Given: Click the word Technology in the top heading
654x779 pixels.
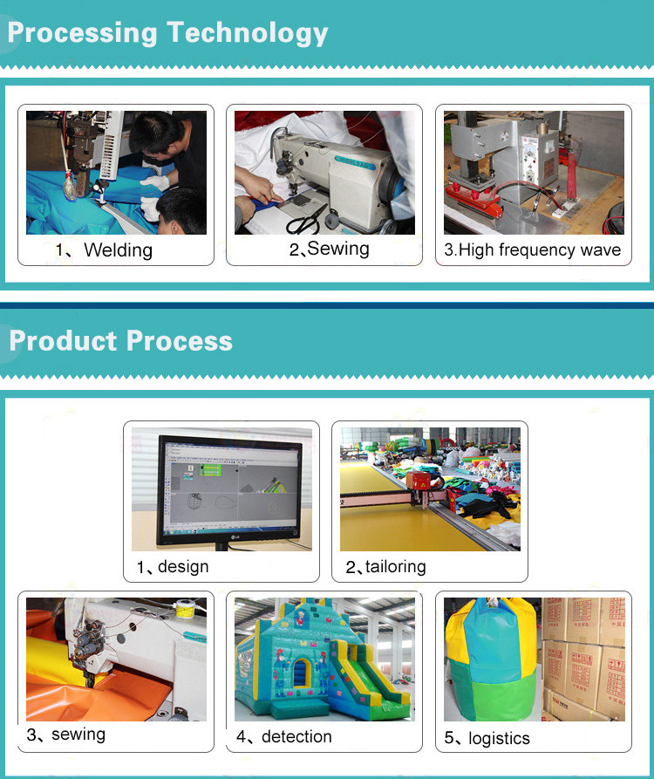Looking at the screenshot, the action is (248, 33).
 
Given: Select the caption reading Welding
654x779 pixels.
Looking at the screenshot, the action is (119, 249).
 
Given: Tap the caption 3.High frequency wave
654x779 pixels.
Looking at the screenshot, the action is (532, 249).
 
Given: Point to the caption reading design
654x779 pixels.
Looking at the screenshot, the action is (183, 566).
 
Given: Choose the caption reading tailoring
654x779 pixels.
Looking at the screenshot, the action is (396, 566).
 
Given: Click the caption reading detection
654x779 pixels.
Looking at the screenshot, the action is (296, 736).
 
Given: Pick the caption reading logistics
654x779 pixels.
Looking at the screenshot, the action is (499, 738).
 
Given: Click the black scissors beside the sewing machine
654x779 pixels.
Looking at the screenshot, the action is (305, 220).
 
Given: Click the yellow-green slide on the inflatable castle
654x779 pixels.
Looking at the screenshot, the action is (370, 677).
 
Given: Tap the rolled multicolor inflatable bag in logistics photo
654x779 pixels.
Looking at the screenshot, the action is (492, 659).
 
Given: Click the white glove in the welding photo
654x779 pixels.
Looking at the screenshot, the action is (155, 182).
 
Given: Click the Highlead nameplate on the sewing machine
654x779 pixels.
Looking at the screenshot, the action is (355, 162).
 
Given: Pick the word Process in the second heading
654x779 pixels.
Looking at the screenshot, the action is (180, 341).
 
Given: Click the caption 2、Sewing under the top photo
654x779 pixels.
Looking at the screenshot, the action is (330, 249).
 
